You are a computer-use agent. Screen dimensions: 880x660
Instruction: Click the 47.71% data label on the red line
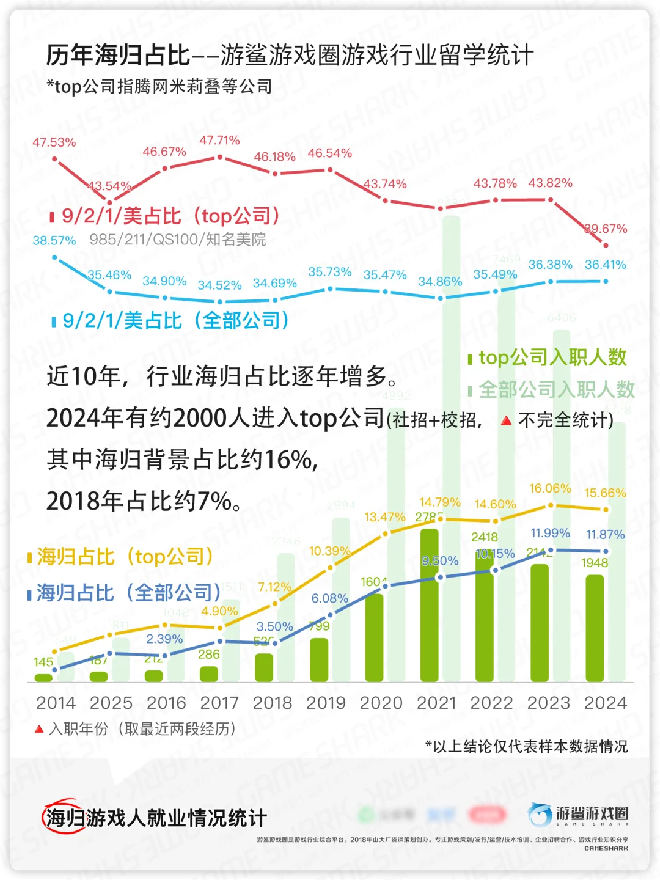tap(219, 141)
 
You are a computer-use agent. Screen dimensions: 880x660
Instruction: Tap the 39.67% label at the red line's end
tap(606, 229)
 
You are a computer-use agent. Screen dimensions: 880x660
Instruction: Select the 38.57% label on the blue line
tap(54, 240)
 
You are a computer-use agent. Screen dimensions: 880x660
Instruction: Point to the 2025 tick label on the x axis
tap(111, 703)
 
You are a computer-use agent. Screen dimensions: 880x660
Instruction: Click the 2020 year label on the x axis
tap(381, 703)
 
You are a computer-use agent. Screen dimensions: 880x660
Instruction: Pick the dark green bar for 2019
tap(319, 660)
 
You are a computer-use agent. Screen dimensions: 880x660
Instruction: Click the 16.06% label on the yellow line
tap(550, 488)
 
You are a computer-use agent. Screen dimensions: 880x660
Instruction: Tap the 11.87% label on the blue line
tap(605, 535)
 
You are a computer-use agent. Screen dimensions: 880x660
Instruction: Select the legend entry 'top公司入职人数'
tap(548, 358)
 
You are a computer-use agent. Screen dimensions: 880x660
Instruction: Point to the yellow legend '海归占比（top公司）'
tap(121, 557)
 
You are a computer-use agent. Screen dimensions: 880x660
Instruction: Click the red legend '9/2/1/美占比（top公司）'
tap(166, 216)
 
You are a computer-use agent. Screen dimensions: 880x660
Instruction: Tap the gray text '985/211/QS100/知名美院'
tap(178, 240)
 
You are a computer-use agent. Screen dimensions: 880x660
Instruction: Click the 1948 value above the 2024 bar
tap(595, 563)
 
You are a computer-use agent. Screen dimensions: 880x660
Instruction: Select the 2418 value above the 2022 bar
tap(485, 537)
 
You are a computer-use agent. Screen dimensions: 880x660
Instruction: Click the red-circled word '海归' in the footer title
tap(64, 818)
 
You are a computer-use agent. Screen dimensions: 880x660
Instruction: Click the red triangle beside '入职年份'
tap(39, 729)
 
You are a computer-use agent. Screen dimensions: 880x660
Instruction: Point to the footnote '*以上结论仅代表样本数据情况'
tap(526, 746)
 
